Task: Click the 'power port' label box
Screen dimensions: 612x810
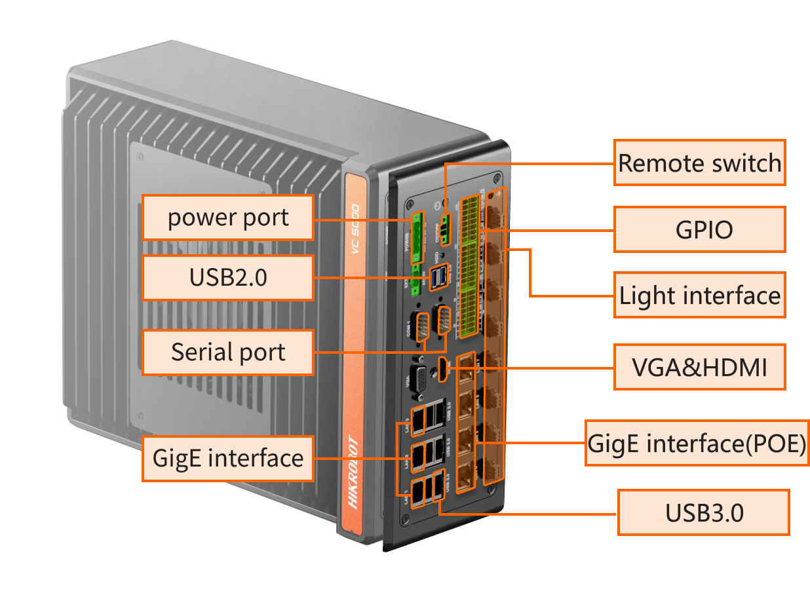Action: pyautogui.click(x=228, y=218)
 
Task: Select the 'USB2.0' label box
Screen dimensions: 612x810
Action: pyautogui.click(x=228, y=278)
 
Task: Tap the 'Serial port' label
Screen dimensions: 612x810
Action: pyautogui.click(x=228, y=352)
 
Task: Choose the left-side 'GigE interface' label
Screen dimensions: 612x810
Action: pyautogui.click(x=228, y=457)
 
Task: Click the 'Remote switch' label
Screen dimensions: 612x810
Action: pyautogui.click(x=699, y=163)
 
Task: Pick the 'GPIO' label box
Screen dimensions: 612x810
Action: pyautogui.click(x=699, y=229)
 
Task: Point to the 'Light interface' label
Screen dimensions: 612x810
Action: pyautogui.click(x=699, y=296)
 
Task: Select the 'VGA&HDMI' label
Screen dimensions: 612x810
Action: pyautogui.click(x=699, y=367)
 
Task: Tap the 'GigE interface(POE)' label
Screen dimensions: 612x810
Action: pyautogui.click(x=697, y=443)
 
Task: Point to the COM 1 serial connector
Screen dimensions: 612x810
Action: pyautogui.click(x=423, y=326)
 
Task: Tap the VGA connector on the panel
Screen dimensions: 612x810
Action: pyautogui.click(x=418, y=378)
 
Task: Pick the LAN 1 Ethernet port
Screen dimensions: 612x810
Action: pyautogui.click(x=417, y=493)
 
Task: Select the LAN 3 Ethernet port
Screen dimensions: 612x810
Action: pyautogui.click(x=418, y=415)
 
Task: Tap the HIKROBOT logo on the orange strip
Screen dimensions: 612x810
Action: pyautogui.click(x=352, y=472)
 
